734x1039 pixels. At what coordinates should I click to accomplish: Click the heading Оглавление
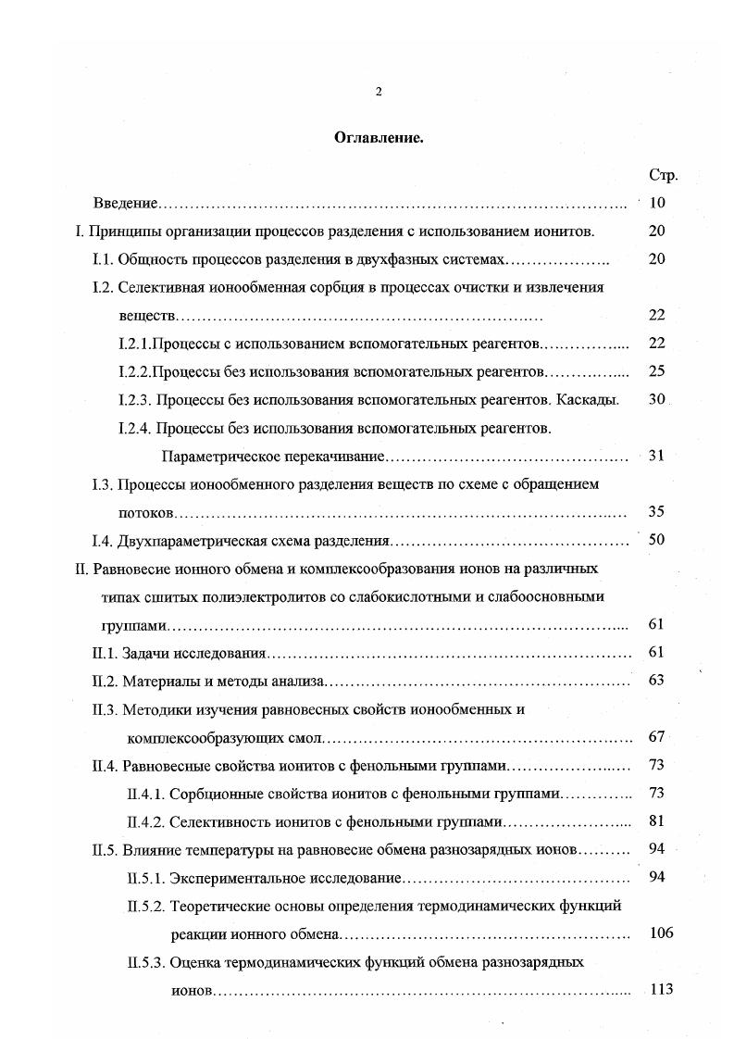coord(379,137)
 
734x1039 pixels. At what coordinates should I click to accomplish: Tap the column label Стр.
coord(664,175)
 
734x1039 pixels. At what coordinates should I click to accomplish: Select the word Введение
coord(127,203)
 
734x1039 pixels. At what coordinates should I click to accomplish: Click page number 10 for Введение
coord(657,203)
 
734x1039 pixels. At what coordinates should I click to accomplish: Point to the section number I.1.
coord(103,259)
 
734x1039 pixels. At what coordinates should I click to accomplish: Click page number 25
coord(657,371)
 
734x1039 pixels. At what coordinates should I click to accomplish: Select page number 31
coord(657,456)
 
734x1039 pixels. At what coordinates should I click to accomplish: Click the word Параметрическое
coord(214,457)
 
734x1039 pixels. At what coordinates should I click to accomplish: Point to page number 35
coord(657,511)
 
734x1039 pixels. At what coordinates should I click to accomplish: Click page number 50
coord(657,540)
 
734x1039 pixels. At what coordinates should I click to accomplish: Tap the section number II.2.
coord(106,682)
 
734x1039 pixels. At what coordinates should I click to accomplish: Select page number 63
coord(657,681)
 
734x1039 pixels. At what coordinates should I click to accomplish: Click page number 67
coord(657,737)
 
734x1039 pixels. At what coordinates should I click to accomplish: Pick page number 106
coord(661,933)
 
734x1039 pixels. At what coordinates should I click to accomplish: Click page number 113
coord(661,989)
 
